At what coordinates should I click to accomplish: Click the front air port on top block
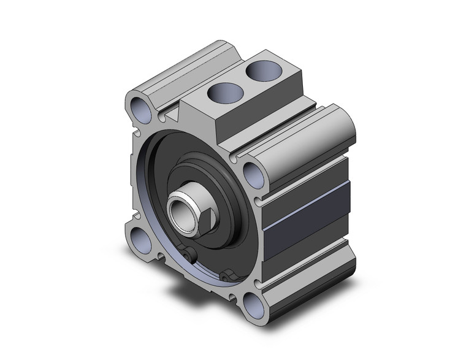[218, 93]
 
